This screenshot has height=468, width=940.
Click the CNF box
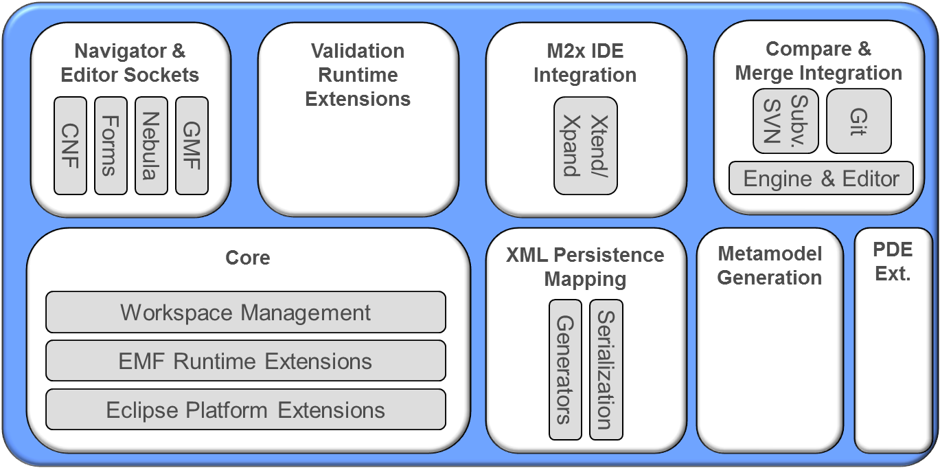tap(71, 146)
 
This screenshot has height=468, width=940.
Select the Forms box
tap(111, 146)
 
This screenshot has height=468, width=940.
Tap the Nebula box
tap(151, 146)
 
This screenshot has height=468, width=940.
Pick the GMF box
tap(192, 146)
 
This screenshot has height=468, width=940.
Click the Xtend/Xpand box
tap(586, 146)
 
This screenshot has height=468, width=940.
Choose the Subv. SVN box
tap(786, 121)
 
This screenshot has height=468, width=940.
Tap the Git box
tap(858, 121)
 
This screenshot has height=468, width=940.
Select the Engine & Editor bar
tap(821, 179)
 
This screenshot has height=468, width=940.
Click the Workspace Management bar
tap(246, 313)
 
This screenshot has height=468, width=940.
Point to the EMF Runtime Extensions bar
tap(246, 361)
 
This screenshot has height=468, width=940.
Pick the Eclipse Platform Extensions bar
tap(246, 410)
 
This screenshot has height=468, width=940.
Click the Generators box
tap(566, 369)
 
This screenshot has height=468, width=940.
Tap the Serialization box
tap(606, 369)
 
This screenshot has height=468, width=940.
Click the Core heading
tap(248, 258)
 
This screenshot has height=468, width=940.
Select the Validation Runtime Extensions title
tap(358, 75)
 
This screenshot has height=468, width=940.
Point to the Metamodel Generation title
tap(770, 266)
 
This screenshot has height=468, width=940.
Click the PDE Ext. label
tap(893, 262)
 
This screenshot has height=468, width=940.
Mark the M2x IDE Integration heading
tap(585, 63)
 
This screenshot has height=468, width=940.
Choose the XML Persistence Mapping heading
tap(585, 267)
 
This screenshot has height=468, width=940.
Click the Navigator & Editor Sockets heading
tap(130, 63)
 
